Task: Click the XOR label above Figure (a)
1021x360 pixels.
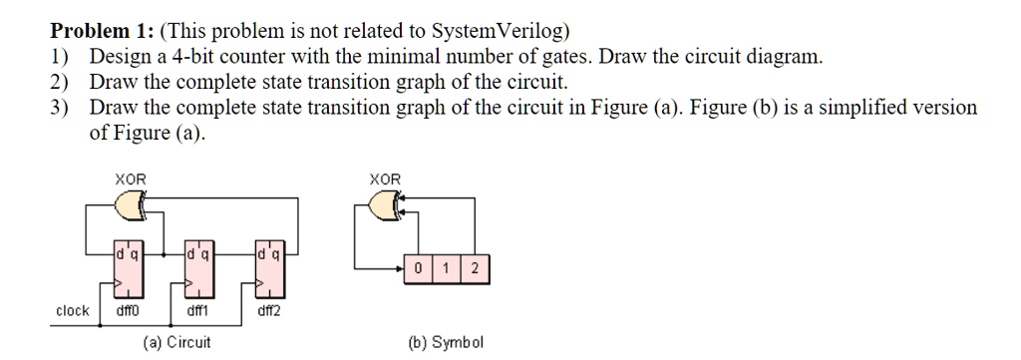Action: click(x=130, y=179)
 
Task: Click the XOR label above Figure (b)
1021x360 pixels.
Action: click(x=385, y=179)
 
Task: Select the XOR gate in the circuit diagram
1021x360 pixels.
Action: click(x=132, y=206)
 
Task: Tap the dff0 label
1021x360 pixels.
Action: click(x=129, y=311)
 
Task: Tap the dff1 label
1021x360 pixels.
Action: click(x=198, y=311)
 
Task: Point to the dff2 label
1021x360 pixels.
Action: click(x=269, y=311)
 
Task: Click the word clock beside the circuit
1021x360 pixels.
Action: click(x=72, y=310)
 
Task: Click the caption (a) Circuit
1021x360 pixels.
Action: click(x=177, y=342)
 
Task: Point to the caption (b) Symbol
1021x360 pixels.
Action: click(x=446, y=342)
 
